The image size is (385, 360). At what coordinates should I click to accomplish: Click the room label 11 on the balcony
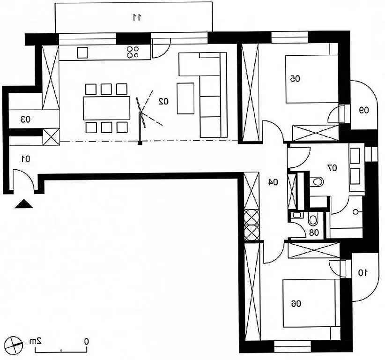click(x=137, y=17)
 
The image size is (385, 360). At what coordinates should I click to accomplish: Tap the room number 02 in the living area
click(x=163, y=101)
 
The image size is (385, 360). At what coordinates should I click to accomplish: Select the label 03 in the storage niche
click(x=25, y=120)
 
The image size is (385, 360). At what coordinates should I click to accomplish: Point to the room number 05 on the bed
click(x=295, y=79)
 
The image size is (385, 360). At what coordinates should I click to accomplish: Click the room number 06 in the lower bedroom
click(x=296, y=304)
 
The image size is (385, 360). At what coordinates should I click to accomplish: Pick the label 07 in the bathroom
click(x=333, y=168)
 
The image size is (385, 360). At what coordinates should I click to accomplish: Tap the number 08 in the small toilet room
click(x=314, y=232)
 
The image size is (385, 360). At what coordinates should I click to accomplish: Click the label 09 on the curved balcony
click(x=364, y=110)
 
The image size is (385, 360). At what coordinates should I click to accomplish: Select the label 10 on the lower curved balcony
click(x=363, y=273)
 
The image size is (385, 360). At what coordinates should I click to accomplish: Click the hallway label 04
click(x=273, y=182)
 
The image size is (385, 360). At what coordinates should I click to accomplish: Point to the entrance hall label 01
click(x=26, y=159)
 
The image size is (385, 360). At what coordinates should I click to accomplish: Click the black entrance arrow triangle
click(x=24, y=204)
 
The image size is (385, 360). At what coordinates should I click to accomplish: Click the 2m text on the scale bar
click(x=35, y=341)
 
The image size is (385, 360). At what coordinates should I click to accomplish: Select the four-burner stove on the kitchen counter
click(x=133, y=52)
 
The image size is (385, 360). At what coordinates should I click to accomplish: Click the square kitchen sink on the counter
click(x=82, y=52)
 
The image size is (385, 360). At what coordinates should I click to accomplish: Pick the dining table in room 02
click(x=107, y=108)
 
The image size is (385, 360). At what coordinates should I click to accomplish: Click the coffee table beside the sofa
click(x=185, y=98)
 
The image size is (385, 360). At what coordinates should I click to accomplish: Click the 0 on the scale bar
click(x=86, y=341)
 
